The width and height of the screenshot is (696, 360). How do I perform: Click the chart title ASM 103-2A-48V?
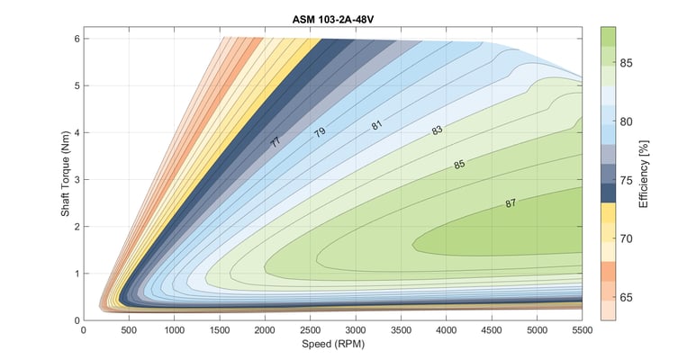(333, 18)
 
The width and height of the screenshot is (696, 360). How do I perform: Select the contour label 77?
(276, 141)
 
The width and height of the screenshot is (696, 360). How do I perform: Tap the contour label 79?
(320, 132)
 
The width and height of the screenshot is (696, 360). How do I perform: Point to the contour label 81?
(377, 124)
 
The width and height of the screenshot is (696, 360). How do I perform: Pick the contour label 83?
(438, 130)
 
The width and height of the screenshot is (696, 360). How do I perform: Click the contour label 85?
(460, 165)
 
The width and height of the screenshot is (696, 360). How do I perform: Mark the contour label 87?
(511, 203)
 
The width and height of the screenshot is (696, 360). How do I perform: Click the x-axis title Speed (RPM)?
(333, 344)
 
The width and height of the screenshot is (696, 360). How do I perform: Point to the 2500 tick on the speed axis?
(311, 330)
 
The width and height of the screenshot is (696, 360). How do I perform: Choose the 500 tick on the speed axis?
(129, 330)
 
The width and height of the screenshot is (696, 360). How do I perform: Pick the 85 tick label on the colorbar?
(626, 63)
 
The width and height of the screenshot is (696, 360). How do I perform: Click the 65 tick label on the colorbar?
(626, 296)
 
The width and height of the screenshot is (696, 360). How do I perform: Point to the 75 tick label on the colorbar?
(626, 179)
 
